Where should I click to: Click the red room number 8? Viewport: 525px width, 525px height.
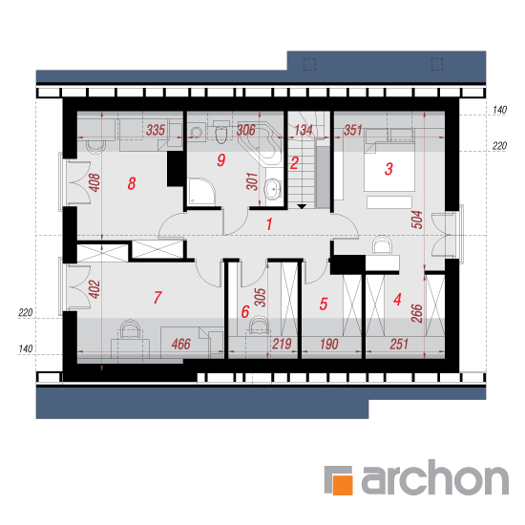(132, 183)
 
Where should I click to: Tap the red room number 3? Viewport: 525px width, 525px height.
(388, 169)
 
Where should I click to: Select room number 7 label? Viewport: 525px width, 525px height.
(157, 297)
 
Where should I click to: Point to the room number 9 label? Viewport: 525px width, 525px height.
(221, 160)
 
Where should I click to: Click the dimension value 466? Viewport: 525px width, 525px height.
(180, 344)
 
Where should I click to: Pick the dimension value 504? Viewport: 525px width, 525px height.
(417, 220)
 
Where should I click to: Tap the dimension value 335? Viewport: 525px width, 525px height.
(156, 130)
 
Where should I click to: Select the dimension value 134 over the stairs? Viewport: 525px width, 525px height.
(304, 130)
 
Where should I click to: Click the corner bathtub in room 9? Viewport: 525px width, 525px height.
(261, 143)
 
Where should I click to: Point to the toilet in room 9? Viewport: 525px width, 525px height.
(221, 133)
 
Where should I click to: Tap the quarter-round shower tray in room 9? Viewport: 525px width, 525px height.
(201, 192)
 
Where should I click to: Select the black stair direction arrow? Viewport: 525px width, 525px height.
(302, 206)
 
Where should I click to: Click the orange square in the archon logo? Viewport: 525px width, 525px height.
(342, 485)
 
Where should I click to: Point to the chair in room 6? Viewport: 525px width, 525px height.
(259, 325)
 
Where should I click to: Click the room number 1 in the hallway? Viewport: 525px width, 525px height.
(269, 224)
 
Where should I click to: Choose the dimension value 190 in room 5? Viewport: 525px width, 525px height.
(329, 344)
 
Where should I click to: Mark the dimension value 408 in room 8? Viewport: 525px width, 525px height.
(94, 182)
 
